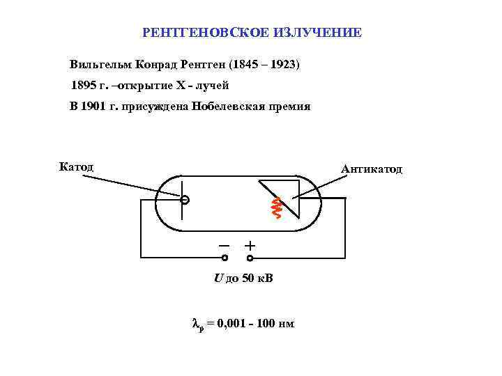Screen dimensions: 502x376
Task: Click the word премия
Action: (x=287, y=107)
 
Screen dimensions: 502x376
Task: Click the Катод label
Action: (x=76, y=167)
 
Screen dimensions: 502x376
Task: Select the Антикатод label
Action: (x=371, y=169)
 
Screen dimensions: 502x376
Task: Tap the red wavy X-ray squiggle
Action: (x=276, y=207)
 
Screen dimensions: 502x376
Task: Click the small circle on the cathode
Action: (x=184, y=201)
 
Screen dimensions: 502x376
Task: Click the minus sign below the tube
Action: (x=224, y=246)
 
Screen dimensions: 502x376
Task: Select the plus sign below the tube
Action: (x=250, y=246)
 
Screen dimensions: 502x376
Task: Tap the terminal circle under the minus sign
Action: (x=225, y=258)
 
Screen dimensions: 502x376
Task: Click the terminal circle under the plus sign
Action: (x=250, y=258)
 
